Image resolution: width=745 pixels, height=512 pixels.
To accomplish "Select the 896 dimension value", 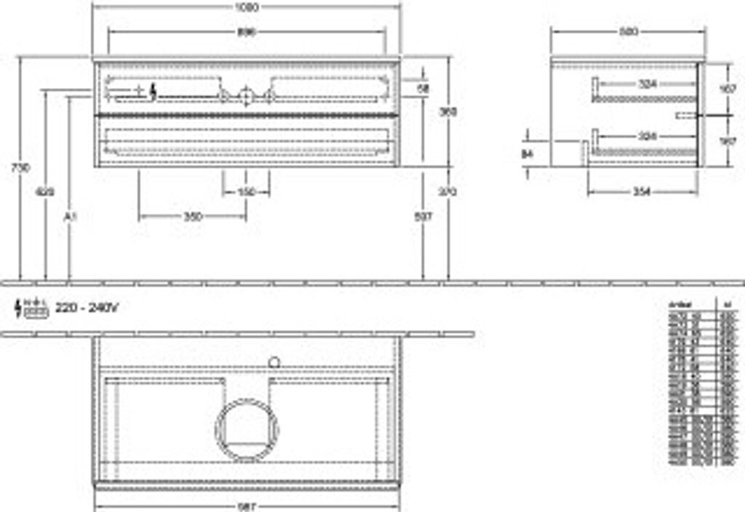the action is point(246,32).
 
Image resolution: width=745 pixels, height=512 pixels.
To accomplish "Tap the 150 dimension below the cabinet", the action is point(246,192).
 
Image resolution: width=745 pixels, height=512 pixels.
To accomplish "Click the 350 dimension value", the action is point(192,217).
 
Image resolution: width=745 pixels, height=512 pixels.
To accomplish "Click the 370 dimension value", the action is point(448,192).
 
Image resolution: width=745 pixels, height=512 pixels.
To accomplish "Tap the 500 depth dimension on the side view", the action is point(628,31).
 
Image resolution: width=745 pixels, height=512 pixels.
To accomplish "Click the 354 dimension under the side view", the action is point(641,191).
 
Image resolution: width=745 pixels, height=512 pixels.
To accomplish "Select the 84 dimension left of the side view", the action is point(528,153).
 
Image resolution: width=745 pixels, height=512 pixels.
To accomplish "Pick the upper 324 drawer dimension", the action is point(647,84).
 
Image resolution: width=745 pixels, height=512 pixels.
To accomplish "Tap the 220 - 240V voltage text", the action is point(87,308).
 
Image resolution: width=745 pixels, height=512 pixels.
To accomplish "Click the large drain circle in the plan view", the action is point(247,430).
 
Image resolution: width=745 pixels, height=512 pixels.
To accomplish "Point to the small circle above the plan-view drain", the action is point(274,360).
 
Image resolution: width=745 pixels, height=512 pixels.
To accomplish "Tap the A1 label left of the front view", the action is point(70,217).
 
